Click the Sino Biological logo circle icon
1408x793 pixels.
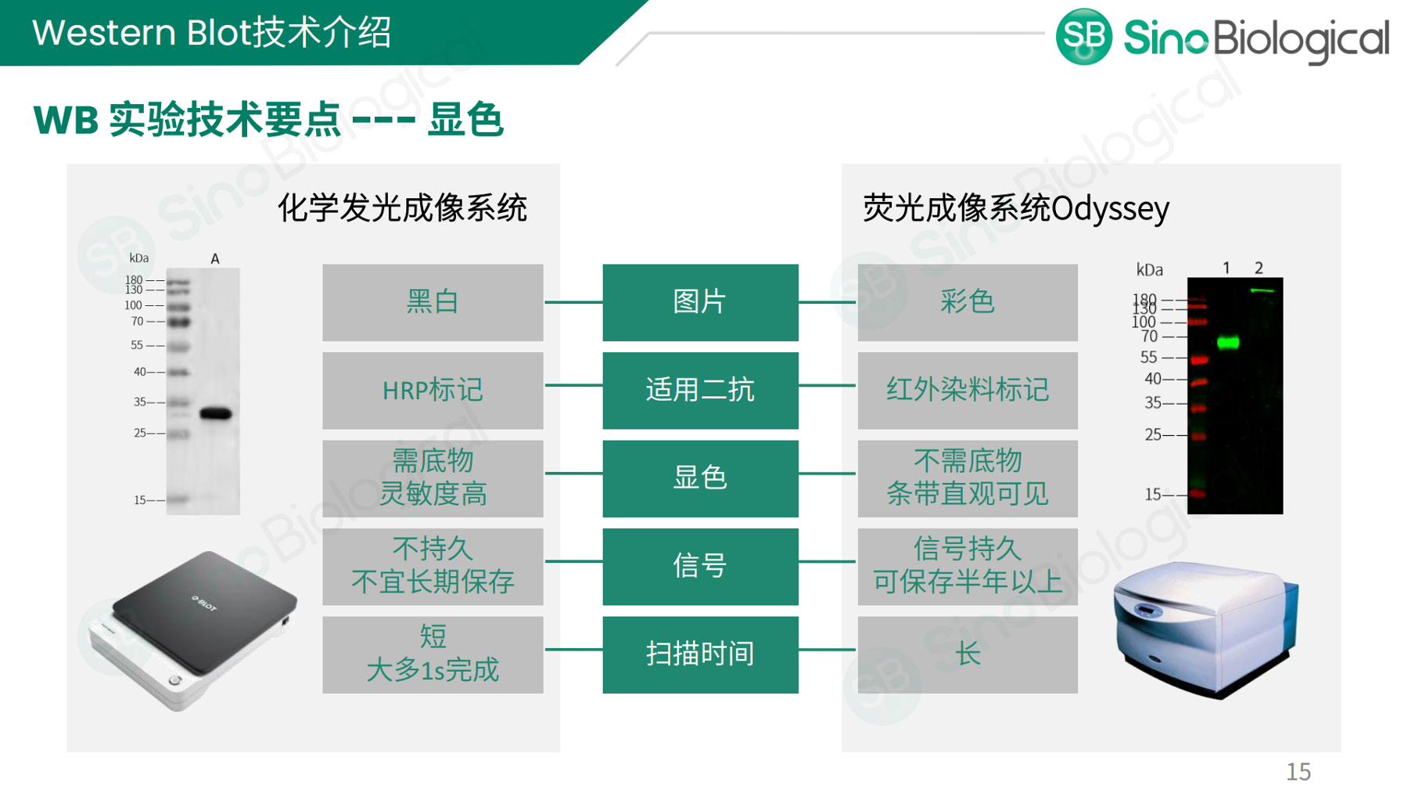tap(1083, 36)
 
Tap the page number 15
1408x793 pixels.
tap(1298, 772)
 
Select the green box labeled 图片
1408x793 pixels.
tap(700, 302)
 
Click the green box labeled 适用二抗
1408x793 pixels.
tap(700, 390)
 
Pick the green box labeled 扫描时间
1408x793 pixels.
tap(700, 654)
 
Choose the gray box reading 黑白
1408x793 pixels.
tap(433, 302)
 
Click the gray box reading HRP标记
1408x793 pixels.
tap(433, 390)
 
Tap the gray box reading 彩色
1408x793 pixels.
tap(968, 302)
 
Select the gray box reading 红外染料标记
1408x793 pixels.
tap(968, 390)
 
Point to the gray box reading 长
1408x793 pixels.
tap(968, 654)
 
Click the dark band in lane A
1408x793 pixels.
tap(216, 413)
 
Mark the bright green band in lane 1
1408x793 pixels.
tap(1228, 342)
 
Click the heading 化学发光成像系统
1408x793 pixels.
tap(402, 208)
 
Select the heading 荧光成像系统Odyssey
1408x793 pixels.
tap(1015, 208)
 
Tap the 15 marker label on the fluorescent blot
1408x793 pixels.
tap(1153, 494)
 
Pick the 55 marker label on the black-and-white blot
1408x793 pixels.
tap(137, 345)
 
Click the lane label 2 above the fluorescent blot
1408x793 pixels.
tap(1259, 268)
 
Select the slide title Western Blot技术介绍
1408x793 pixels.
tap(211, 33)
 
